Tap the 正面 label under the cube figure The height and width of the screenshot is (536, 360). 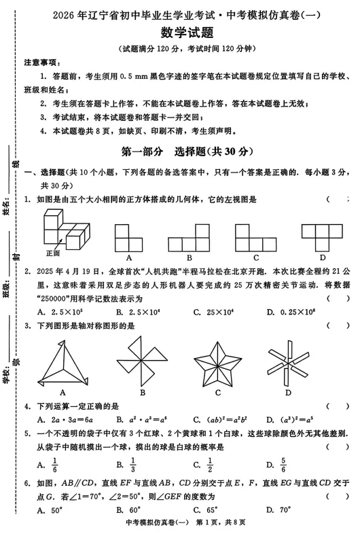coord(53,253)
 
